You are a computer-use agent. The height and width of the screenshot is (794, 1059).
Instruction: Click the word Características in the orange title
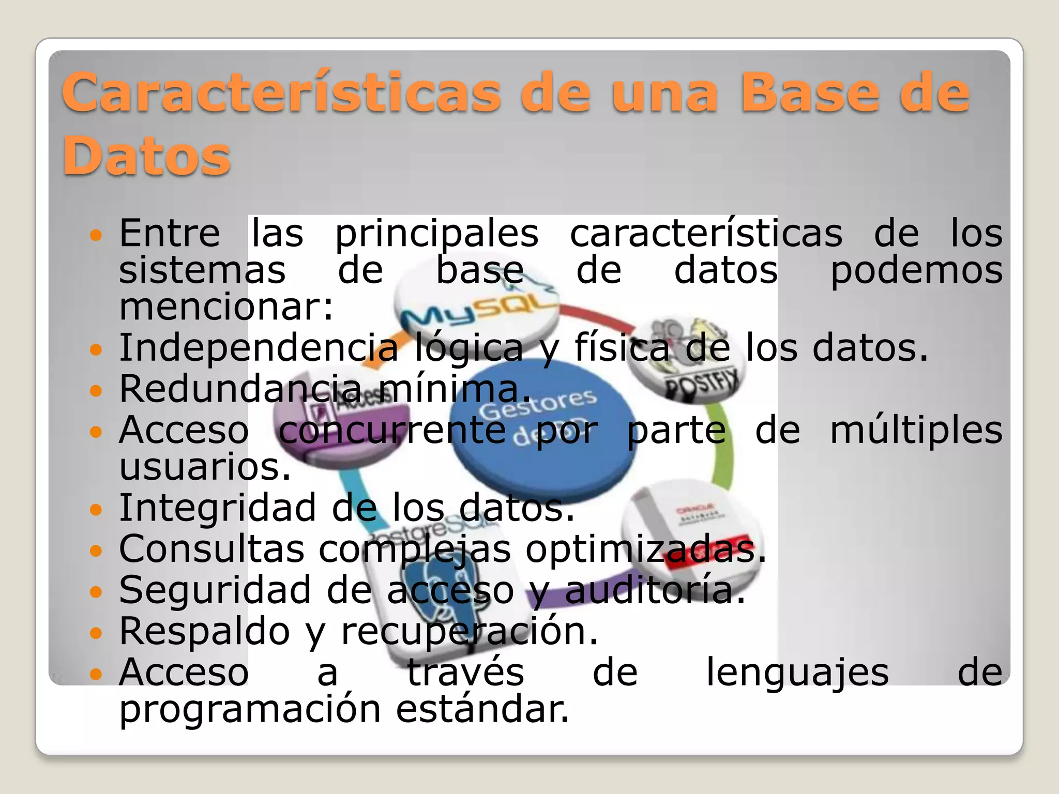pyautogui.click(x=282, y=93)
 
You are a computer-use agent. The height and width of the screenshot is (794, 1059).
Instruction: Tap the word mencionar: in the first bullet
pyautogui.click(x=226, y=307)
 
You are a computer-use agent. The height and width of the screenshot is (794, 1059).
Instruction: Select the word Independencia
pyautogui.click(x=259, y=348)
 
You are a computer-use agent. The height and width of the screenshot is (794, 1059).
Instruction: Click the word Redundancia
pyautogui.click(x=240, y=389)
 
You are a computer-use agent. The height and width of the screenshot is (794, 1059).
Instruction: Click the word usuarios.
pyautogui.click(x=205, y=467)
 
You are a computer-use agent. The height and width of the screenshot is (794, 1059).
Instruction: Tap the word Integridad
pyautogui.click(x=217, y=508)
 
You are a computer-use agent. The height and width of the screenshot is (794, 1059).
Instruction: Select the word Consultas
pyautogui.click(x=212, y=549)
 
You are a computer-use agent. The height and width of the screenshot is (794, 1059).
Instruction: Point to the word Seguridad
pyautogui.click(x=215, y=590)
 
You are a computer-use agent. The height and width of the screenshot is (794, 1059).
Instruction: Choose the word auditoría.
pyautogui.click(x=655, y=590)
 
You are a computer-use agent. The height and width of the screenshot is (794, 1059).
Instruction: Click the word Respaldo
pyautogui.click(x=204, y=632)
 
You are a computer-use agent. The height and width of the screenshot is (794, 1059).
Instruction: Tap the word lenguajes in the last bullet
pyautogui.click(x=797, y=673)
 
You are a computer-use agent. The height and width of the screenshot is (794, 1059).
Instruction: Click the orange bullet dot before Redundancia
pyautogui.click(x=96, y=390)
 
